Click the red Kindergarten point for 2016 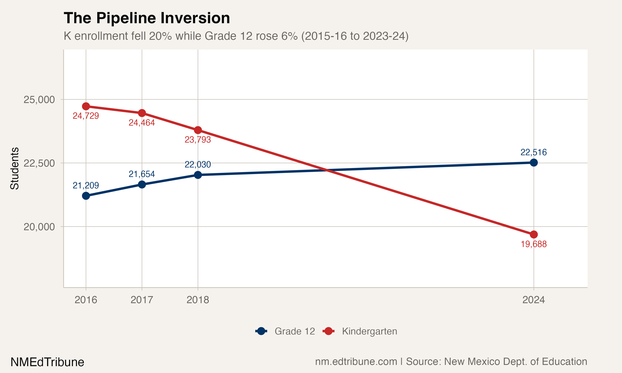tap(86, 106)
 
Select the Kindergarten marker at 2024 tap(533, 235)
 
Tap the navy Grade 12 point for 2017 tap(142, 184)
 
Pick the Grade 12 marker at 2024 tap(533, 163)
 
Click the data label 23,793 tap(198, 140)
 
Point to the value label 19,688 tap(533, 244)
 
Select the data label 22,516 tap(533, 152)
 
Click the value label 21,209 tap(86, 185)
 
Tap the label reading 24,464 tap(142, 123)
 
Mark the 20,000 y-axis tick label tap(39, 227)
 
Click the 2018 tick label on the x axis tap(198, 300)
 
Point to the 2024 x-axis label tap(533, 300)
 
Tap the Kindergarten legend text tap(369, 331)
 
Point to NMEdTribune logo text tap(47, 362)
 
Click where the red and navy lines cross tap(326, 170)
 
